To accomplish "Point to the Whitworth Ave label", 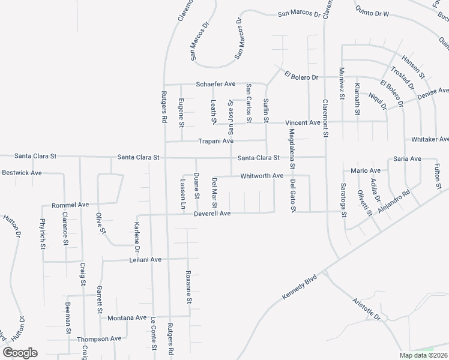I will click(261, 176).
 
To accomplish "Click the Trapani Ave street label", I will click(215, 142).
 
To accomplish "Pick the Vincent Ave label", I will click(303, 122).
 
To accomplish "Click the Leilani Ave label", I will click(146, 260).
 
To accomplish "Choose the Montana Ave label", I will click(127, 317).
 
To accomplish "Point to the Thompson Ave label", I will click(99, 339).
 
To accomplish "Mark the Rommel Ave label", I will click(70, 205).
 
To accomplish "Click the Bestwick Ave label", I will click(22, 173).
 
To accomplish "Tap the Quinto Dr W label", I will click(372, 12).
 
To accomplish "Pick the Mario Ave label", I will click(366, 170).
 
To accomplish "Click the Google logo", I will click(20, 353).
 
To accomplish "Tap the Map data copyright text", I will click(424, 355).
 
